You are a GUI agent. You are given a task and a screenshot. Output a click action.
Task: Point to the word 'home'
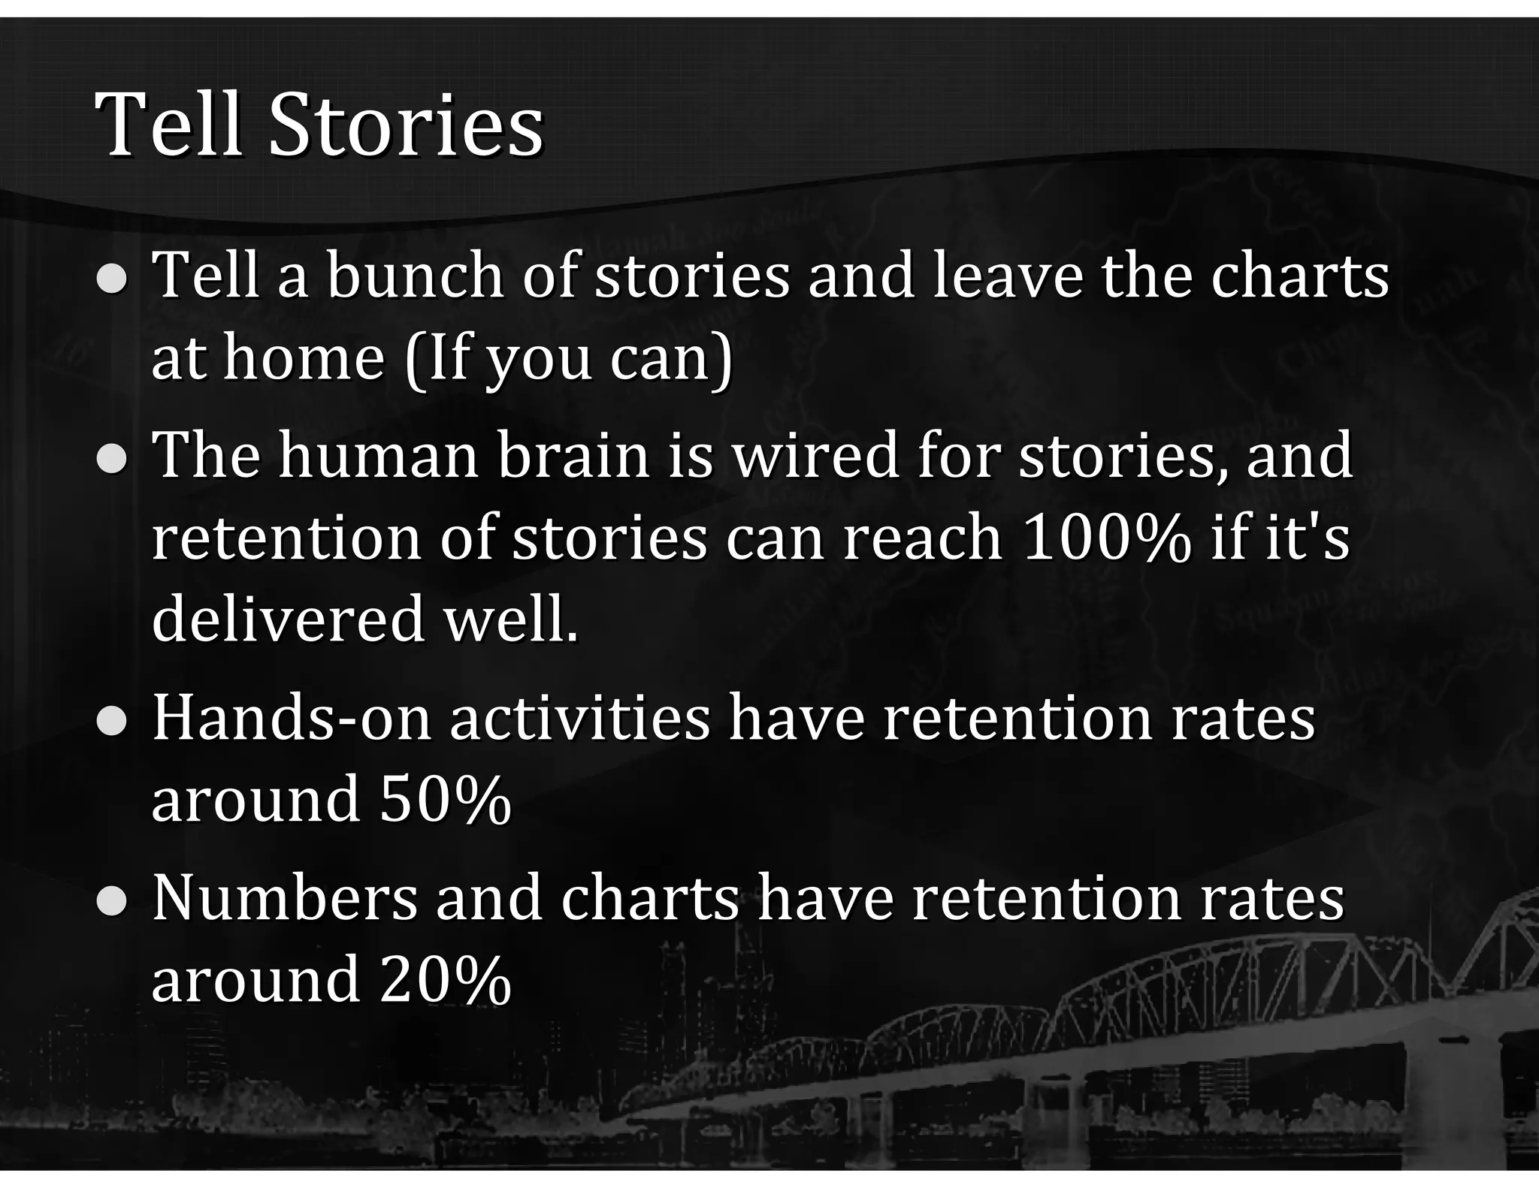pyautogui.click(x=304, y=359)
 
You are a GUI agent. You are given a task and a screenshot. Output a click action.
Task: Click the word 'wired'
pyautogui.click(x=816, y=457)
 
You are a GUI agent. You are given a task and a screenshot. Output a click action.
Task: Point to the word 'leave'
pyautogui.click(x=1008, y=276)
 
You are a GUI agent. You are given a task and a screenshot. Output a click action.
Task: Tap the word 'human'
pyautogui.click(x=379, y=457)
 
